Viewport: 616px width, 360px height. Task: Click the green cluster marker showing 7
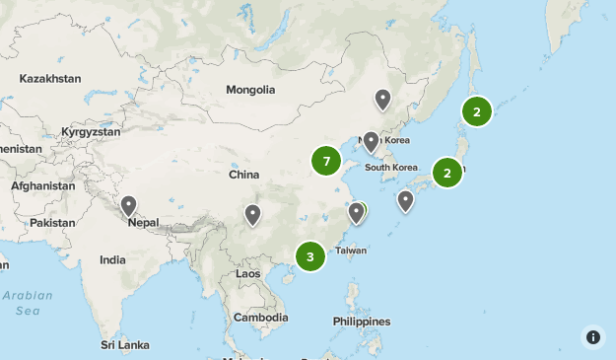326,161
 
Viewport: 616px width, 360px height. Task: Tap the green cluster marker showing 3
310,257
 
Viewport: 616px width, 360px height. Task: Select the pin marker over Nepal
128,206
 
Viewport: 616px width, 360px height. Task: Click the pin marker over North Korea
372,142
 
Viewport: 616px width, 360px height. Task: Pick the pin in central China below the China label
253,214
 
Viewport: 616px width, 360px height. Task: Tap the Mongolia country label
250,90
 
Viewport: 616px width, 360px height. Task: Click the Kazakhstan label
48,78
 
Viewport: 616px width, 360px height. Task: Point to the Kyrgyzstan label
91,131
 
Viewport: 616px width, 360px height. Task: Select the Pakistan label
52,223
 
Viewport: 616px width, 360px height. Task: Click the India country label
112,260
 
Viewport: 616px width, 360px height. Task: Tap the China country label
243,175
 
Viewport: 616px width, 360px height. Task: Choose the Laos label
248,273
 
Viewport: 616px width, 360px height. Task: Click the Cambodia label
261,318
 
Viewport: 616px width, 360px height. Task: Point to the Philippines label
361,322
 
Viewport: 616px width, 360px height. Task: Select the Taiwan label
351,252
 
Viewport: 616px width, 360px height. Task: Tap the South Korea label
391,168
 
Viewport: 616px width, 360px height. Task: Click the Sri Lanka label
124,345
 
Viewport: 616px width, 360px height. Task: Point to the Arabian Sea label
27,303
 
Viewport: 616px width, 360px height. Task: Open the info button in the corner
593,337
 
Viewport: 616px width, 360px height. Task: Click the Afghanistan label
43,185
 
